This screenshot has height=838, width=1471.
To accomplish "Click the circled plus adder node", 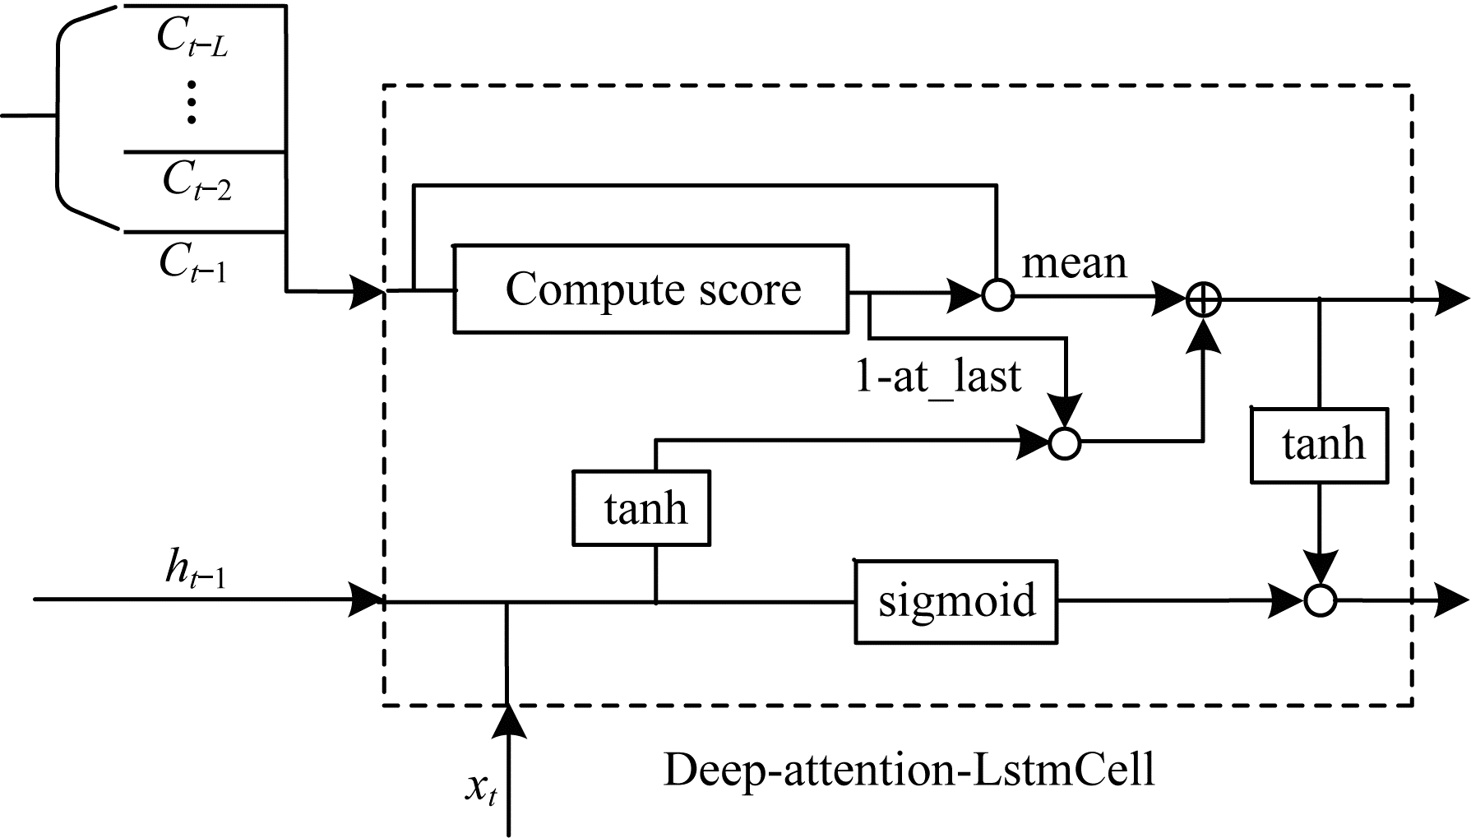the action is click(1203, 303).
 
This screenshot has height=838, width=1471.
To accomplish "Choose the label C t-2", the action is click(197, 179).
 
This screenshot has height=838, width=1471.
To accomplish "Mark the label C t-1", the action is click(193, 263).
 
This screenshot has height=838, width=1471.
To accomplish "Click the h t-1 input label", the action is click(195, 570).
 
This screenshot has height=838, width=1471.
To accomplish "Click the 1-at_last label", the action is click(938, 377).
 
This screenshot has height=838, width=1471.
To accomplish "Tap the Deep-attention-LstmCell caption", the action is click(909, 770).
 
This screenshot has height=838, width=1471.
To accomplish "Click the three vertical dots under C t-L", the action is click(192, 101).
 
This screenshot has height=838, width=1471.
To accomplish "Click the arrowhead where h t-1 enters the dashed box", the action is click(367, 598).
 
